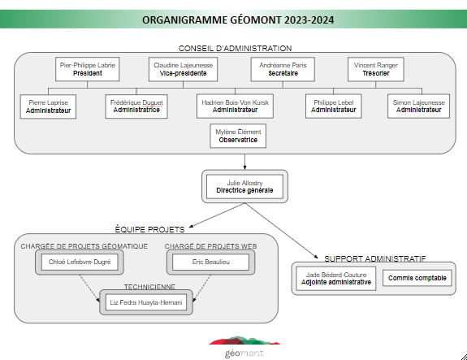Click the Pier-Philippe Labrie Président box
point(87,69)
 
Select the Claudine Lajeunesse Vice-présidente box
point(184,69)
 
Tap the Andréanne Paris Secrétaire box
point(283,69)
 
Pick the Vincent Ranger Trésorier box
point(376,69)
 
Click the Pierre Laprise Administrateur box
point(48,106)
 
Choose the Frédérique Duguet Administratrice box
point(136,106)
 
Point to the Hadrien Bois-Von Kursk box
point(235,106)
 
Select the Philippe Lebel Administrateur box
point(334,106)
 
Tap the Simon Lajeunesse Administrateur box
point(419,106)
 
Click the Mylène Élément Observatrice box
point(238,136)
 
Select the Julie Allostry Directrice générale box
point(244,187)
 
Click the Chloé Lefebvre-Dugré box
point(80,262)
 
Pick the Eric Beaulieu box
point(211,262)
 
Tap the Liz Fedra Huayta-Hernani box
point(146,302)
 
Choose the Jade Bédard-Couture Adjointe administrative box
point(336,279)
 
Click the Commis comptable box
point(417,278)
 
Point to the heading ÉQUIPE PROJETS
point(149,229)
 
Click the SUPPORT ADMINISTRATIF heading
point(375,258)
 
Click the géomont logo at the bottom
point(244,347)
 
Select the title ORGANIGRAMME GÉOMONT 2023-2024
point(238,20)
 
